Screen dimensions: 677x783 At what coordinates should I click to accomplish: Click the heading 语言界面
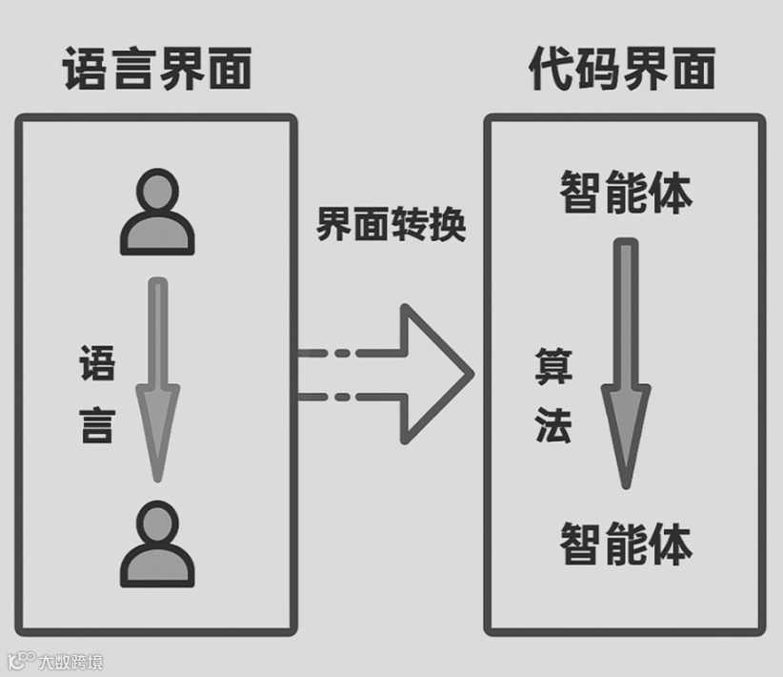click(157, 70)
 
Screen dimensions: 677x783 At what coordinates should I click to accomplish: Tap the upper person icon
click(157, 212)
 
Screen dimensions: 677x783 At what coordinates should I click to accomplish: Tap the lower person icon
click(157, 544)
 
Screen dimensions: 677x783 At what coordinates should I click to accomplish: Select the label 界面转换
click(391, 226)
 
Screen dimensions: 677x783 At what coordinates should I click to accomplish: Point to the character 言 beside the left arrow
click(96, 427)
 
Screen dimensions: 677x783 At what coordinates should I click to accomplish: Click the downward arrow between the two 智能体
click(625, 362)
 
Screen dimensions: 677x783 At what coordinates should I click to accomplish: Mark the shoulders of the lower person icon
click(157, 567)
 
